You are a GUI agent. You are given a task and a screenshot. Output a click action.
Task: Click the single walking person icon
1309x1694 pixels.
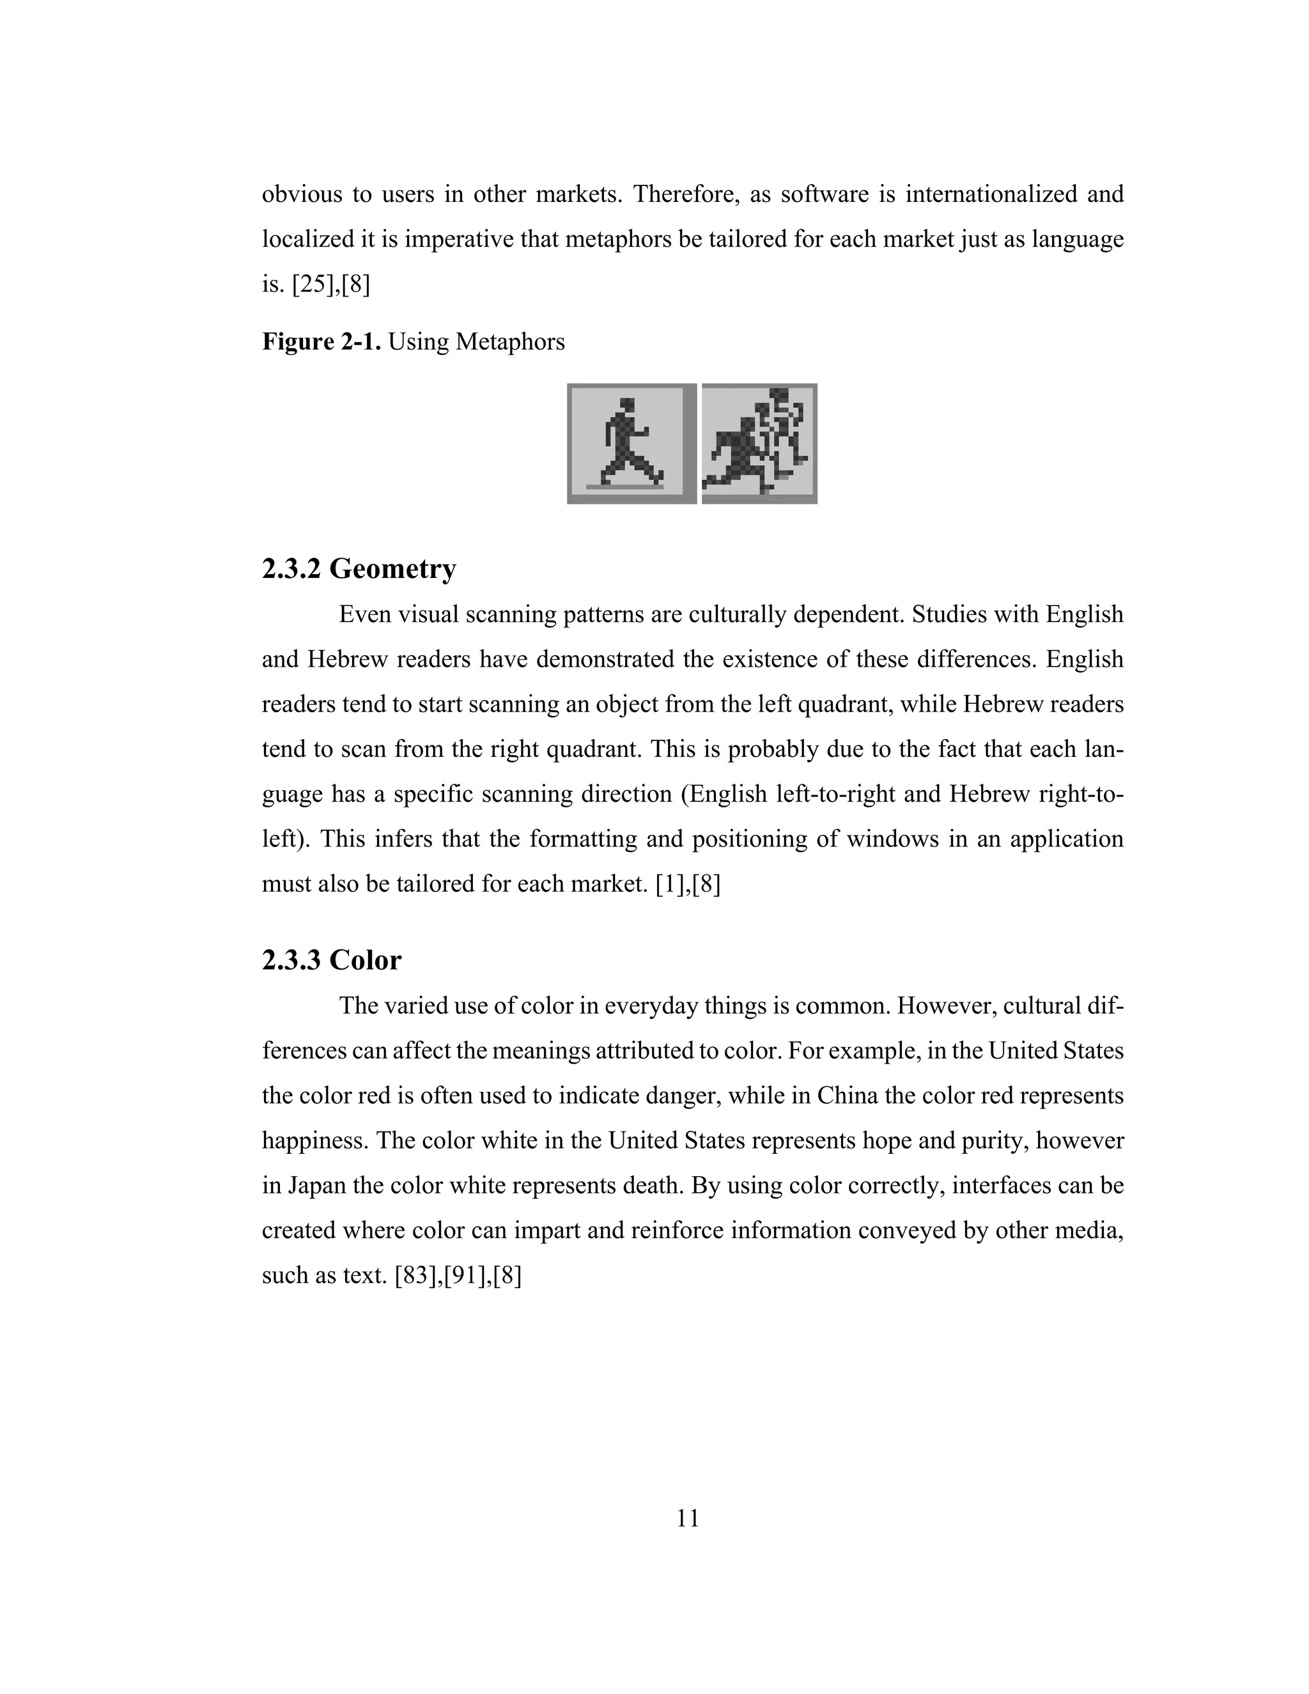pos(631,443)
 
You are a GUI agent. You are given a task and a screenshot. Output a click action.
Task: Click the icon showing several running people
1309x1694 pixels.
pos(759,443)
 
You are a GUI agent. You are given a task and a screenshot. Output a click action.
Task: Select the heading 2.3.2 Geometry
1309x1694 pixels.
pos(359,568)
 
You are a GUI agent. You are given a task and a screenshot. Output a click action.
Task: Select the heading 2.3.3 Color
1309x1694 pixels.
pos(331,960)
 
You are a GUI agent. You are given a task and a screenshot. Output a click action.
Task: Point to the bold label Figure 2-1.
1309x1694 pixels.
pos(321,341)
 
